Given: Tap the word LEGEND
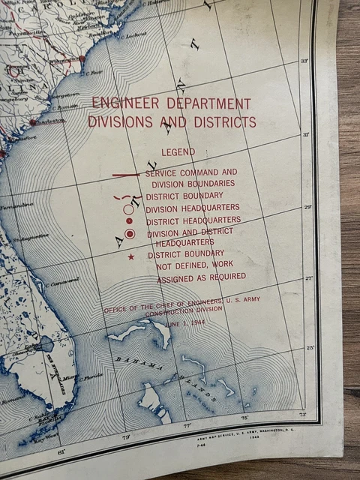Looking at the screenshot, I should pyautogui.click(x=178, y=152).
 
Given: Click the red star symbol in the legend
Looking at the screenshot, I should pyautogui.click(x=131, y=257).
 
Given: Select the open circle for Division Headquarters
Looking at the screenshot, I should pyautogui.click(x=128, y=209).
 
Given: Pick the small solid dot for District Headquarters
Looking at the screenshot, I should pyautogui.click(x=129, y=221).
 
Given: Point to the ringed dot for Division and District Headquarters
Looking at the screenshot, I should pyautogui.click(x=130, y=235).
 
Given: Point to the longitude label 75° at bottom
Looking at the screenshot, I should pyautogui.click(x=244, y=417).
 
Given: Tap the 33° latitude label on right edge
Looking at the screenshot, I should pyautogui.click(x=304, y=61).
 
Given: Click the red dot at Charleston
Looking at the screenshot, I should pyautogui.click(x=33, y=121).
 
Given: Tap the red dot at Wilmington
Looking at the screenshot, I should pyautogui.click(x=82, y=58).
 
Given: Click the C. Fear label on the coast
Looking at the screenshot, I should pyautogui.click(x=94, y=73).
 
